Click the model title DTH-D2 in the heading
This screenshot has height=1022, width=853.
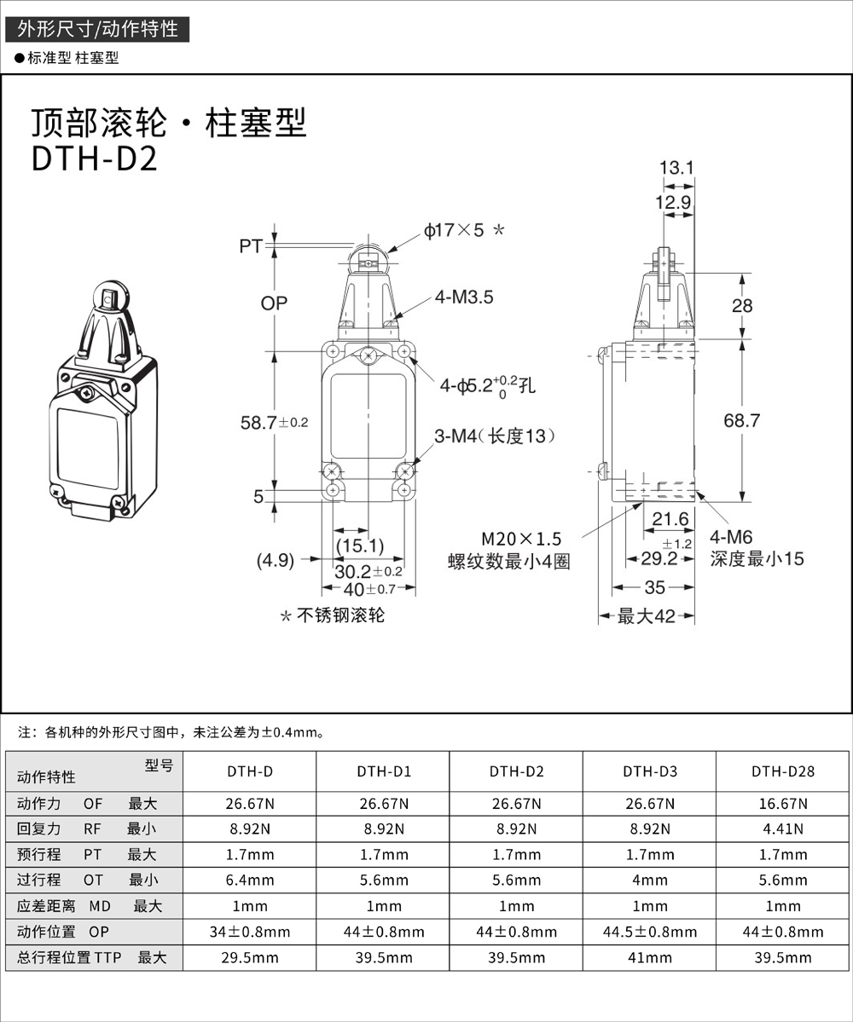coord(95,159)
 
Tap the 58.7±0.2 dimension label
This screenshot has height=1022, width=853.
coord(274,421)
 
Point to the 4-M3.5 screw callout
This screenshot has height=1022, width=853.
coord(464,297)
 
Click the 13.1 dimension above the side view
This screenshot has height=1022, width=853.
coord(678,169)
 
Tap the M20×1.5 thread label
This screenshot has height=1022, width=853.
coord(521,539)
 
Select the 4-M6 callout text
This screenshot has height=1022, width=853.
coord(732,539)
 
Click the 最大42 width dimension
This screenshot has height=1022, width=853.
coord(646,615)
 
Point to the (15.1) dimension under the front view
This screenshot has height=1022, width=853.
coord(359,545)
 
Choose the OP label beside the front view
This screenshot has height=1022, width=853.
coord(274,303)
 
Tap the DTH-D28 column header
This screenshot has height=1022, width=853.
coord(783,772)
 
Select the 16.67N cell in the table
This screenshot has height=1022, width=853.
coord(783,803)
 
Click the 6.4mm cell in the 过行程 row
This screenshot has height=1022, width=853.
coord(250,880)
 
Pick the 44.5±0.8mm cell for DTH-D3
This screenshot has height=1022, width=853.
coord(650,932)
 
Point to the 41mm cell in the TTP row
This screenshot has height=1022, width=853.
coord(650,957)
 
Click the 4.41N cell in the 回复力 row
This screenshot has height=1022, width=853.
coord(783,829)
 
